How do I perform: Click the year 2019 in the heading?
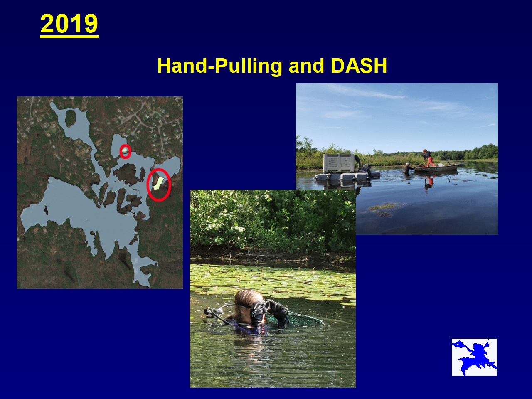click(69, 24)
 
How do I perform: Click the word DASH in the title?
click(359, 66)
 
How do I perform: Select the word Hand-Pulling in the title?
click(219, 66)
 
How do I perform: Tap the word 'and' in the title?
click(306, 66)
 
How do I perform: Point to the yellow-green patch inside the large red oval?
click(158, 183)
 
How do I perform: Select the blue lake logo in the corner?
click(474, 357)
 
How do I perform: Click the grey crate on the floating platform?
click(339, 163)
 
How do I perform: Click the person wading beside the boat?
click(408, 168)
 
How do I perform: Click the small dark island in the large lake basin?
click(46, 210)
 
